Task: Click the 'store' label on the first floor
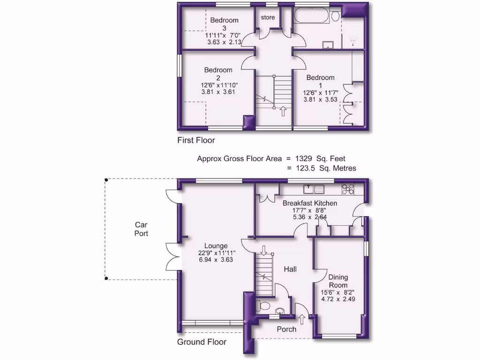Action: pyautogui.click(x=268, y=18)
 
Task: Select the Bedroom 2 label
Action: pyautogui.click(x=218, y=74)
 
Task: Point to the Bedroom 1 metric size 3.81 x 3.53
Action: pyautogui.click(x=321, y=99)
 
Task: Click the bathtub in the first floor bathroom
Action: pyautogui.click(x=311, y=17)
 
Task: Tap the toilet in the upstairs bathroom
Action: pyautogui.click(x=335, y=17)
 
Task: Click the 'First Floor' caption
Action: pyautogui.click(x=196, y=140)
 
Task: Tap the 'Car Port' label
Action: pyautogui.click(x=141, y=229)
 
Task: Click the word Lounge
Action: pyautogui.click(x=216, y=246)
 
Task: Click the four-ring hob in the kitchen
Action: pyautogui.click(x=348, y=189)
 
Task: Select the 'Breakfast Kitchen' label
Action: pyautogui.click(x=309, y=203)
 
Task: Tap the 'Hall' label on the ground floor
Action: pyautogui.click(x=290, y=269)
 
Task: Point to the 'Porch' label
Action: pyautogui.click(x=286, y=329)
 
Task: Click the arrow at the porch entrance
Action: pyautogui.click(x=301, y=319)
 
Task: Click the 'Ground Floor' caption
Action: pyautogui.click(x=202, y=342)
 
